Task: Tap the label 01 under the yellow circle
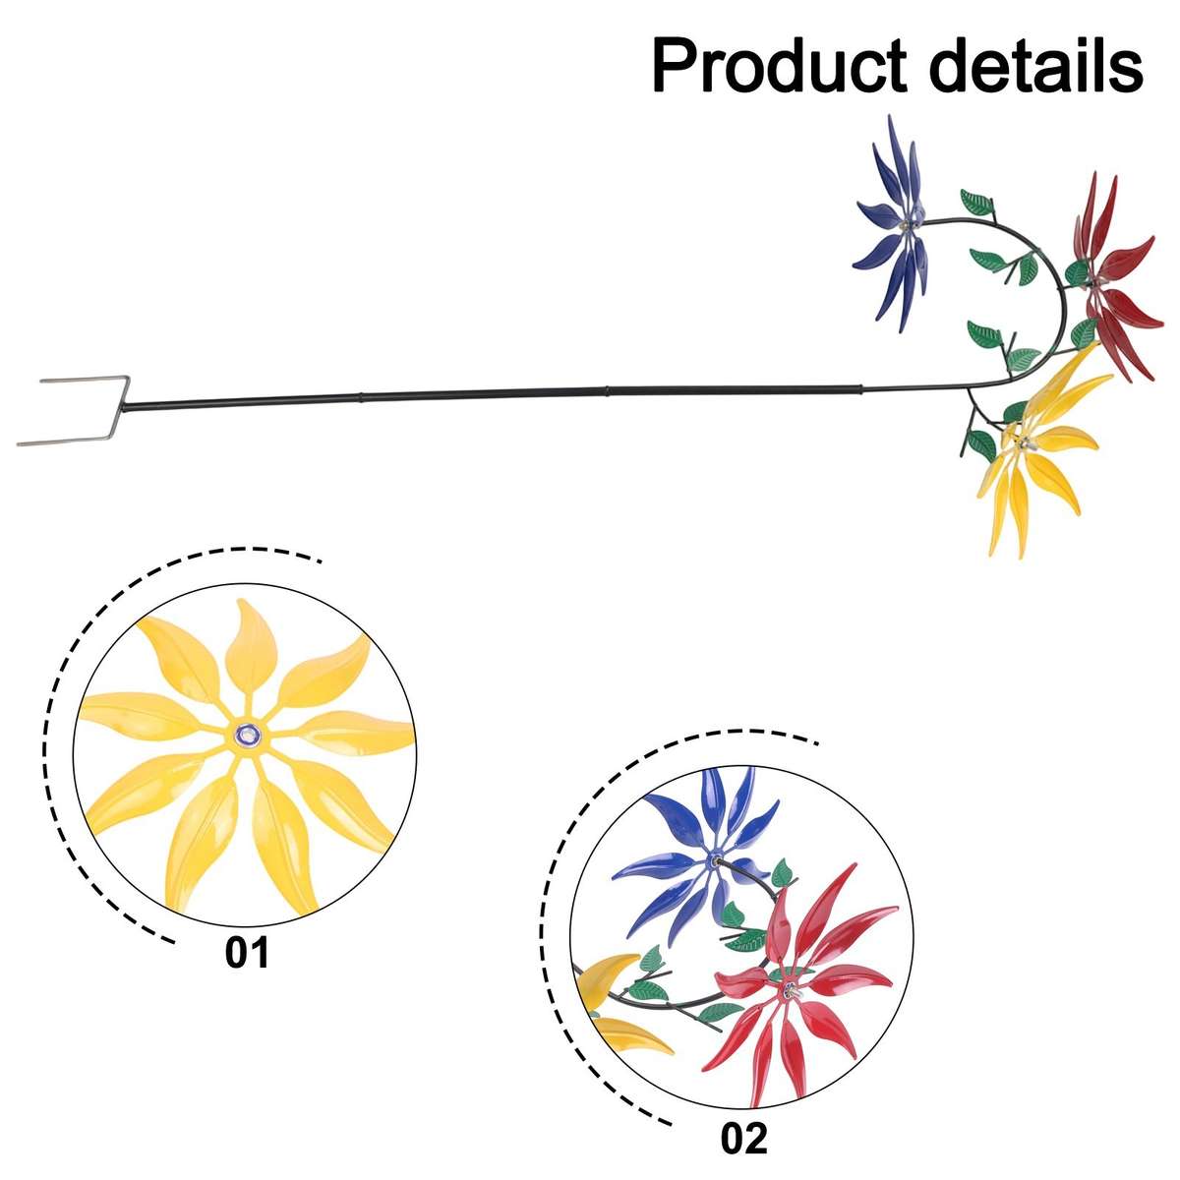pos(246,952)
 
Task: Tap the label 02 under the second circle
pos(743,1139)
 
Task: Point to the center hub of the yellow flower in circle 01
pos(246,734)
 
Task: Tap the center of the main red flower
pos(1095,280)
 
